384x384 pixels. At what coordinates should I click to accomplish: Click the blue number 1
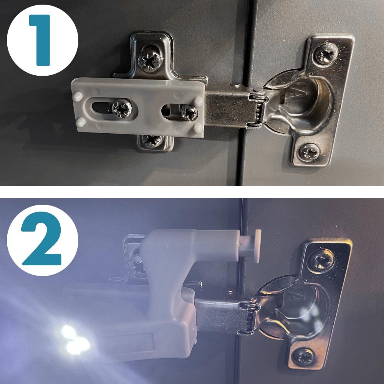[x=40, y=40]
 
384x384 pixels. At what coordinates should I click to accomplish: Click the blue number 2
[x=41, y=239]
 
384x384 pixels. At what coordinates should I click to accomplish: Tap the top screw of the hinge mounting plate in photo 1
[x=149, y=60]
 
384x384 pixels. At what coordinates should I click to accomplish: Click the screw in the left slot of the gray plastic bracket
[x=122, y=108]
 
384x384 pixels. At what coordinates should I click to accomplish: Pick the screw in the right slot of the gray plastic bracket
[x=189, y=113]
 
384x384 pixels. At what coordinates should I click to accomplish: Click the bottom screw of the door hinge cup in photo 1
[x=309, y=152]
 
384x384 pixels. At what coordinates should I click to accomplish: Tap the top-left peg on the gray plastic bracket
[x=78, y=97]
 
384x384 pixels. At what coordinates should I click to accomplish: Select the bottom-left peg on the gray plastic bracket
[x=80, y=122]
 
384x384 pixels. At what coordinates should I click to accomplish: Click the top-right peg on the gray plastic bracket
[x=198, y=101]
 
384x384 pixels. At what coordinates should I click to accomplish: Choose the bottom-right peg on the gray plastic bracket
[x=198, y=128]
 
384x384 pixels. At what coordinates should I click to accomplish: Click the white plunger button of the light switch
[x=257, y=246]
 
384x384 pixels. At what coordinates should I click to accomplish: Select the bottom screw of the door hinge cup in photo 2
[x=304, y=357]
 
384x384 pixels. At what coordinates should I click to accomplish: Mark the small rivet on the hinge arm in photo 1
[x=235, y=84]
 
